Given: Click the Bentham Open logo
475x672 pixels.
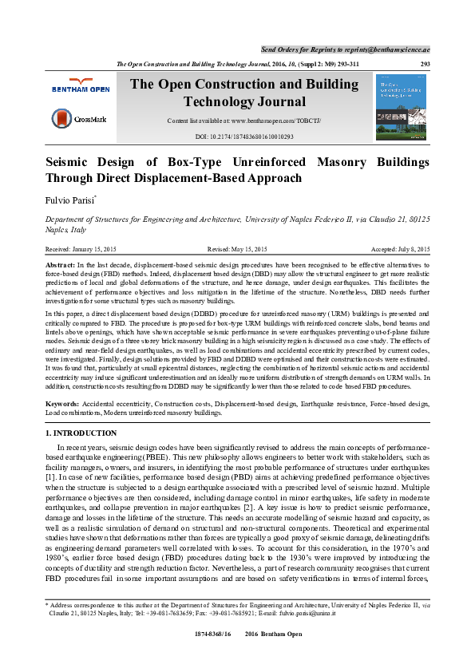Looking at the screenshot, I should point(80,86).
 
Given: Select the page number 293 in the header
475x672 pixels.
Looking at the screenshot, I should point(426,64).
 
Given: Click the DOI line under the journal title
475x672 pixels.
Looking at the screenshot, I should point(244,136).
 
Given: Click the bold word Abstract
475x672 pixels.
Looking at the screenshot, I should point(59,263).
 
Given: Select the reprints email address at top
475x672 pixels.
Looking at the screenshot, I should point(389,49).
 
